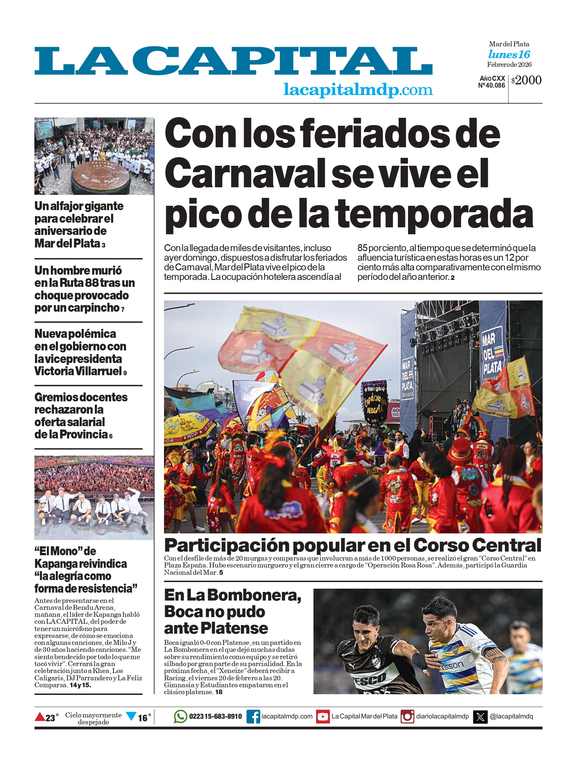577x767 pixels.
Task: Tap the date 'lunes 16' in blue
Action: point(509,55)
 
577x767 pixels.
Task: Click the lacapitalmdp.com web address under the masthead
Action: point(358,90)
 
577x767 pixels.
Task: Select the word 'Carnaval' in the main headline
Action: point(245,173)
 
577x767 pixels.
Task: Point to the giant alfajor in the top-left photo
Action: point(101,177)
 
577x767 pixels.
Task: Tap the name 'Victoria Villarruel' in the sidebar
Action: point(78,371)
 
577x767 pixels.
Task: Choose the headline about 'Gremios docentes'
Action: point(81,415)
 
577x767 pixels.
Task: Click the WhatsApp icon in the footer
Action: point(180,716)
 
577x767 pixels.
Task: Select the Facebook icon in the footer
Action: point(253,716)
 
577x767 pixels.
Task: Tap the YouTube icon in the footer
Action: point(323,716)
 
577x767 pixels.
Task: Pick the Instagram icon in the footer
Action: point(407,716)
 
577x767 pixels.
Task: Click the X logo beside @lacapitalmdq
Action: point(480,716)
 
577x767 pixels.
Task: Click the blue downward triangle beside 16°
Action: point(131,716)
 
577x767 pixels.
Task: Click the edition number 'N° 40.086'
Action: point(491,86)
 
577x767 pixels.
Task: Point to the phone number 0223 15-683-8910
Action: point(216,716)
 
